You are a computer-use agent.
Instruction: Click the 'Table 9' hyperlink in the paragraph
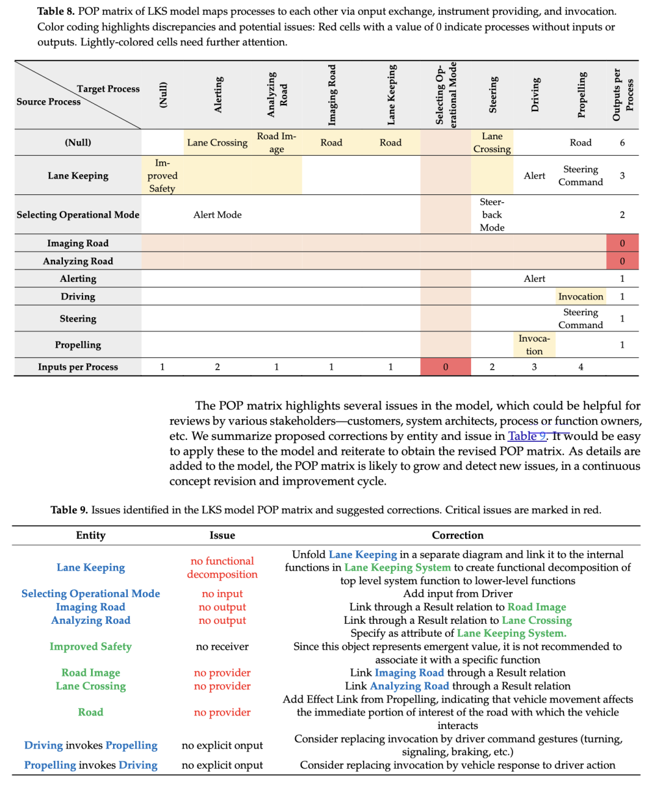526,436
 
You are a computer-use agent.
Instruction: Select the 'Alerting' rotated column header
218,95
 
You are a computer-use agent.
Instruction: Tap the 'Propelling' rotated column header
581,95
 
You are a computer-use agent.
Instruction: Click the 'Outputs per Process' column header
623,95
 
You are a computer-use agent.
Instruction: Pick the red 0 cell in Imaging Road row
622,243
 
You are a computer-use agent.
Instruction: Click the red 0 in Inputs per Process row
446,367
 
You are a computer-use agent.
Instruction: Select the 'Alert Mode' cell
218,214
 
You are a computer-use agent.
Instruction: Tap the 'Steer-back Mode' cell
492,214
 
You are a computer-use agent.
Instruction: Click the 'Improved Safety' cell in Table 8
162,175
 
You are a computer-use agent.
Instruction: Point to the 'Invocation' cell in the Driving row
581,296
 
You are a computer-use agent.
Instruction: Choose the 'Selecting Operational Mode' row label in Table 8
78,214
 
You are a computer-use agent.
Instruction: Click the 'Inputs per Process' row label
78,367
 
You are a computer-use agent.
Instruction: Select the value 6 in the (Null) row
622,142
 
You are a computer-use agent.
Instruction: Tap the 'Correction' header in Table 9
458,535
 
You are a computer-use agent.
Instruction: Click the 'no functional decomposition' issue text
222,568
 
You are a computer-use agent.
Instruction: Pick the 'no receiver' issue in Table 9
222,646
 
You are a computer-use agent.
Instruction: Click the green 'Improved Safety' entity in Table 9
90,646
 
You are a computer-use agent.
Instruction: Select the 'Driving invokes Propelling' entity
90,745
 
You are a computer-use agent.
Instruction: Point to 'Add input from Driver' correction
458,594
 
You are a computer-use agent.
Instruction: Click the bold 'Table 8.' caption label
56,12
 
